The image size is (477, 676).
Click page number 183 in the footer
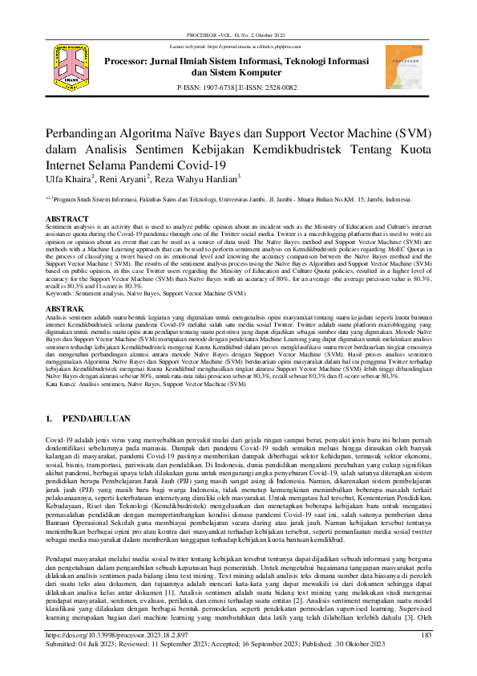pos(426,635)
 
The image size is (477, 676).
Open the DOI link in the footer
pos(115,635)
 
